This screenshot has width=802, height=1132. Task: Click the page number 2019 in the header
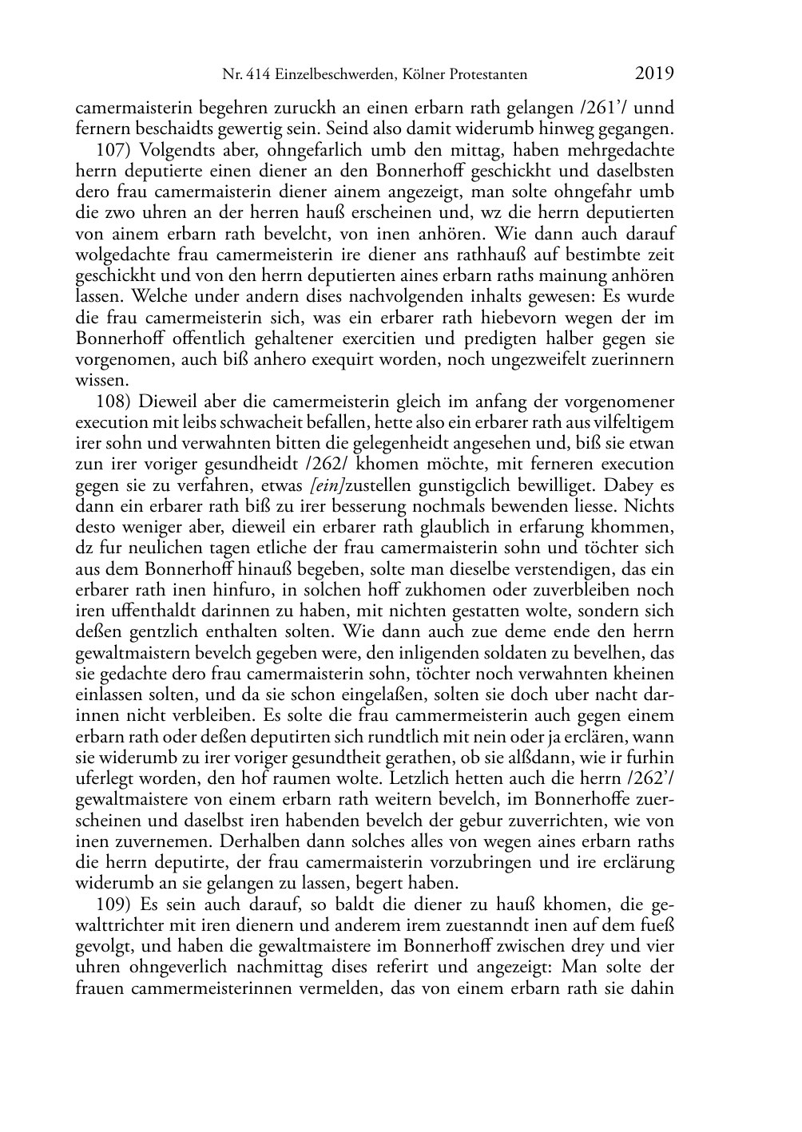(x=654, y=74)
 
